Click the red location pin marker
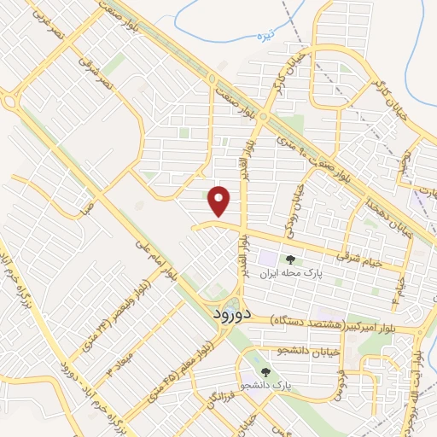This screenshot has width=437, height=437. (220, 201)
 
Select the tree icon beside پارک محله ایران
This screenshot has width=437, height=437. (291, 259)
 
